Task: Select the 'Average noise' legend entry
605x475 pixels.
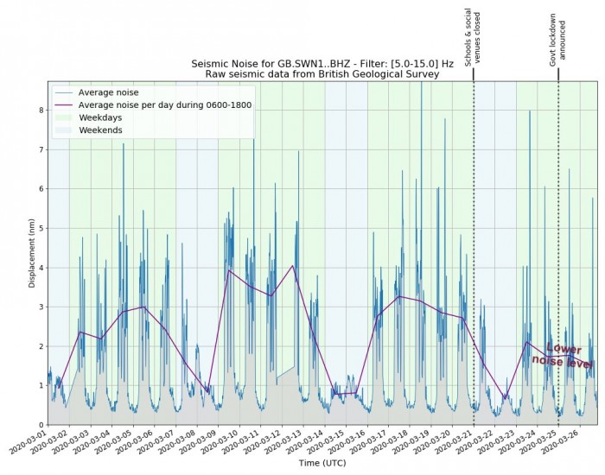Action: coord(108,92)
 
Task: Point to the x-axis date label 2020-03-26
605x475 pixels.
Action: coord(565,442)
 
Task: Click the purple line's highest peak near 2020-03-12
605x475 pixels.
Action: coord(293,265)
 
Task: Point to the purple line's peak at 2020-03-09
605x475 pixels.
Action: coord(229,270)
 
